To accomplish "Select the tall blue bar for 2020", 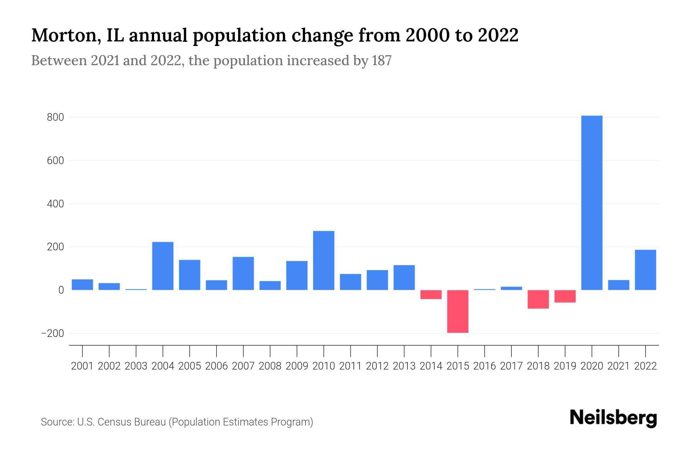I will click(591, 203).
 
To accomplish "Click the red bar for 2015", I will click(458, 311).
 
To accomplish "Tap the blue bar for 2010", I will click(324, 260).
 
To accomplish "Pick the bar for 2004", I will click(163, 266).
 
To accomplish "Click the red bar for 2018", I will click(538, 299).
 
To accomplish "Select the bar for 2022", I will click(645, 270).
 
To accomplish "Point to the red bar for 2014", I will click(431, 294).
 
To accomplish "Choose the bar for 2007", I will click(243, 273).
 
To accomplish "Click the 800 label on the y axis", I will click(55, 117).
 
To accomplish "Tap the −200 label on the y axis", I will click(53, 333).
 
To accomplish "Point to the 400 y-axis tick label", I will click(55, 204).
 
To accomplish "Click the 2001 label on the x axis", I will click(82, 366).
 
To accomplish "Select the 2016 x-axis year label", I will click(485, 366).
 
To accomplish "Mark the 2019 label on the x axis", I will click(565, 366).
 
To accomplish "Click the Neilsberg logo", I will click(613, 418).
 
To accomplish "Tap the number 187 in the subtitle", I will click(381, 61).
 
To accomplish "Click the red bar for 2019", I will click(565, 296).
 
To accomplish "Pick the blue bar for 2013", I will click(404, 278).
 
